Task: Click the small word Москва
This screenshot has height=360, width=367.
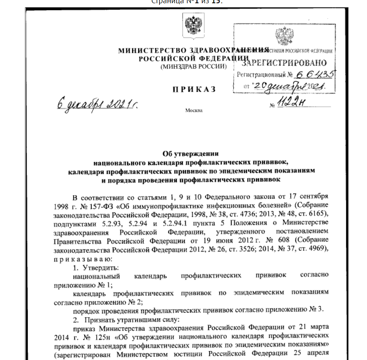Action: [194, 110]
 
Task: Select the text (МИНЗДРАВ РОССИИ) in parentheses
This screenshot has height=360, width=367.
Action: [193, 66]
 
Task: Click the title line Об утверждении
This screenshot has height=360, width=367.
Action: [190, 154]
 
